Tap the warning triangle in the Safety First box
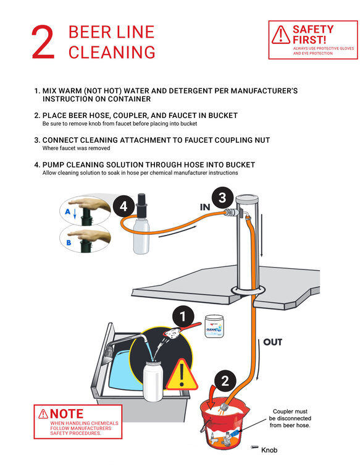tap(281, 35)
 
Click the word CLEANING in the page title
tap(112, 53)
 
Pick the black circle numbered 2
tap(225, 381)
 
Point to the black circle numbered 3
tap(225, 198)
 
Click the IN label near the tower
tap(206, 207)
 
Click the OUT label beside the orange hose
tap(272, 342)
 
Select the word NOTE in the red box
tap(66, 413)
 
